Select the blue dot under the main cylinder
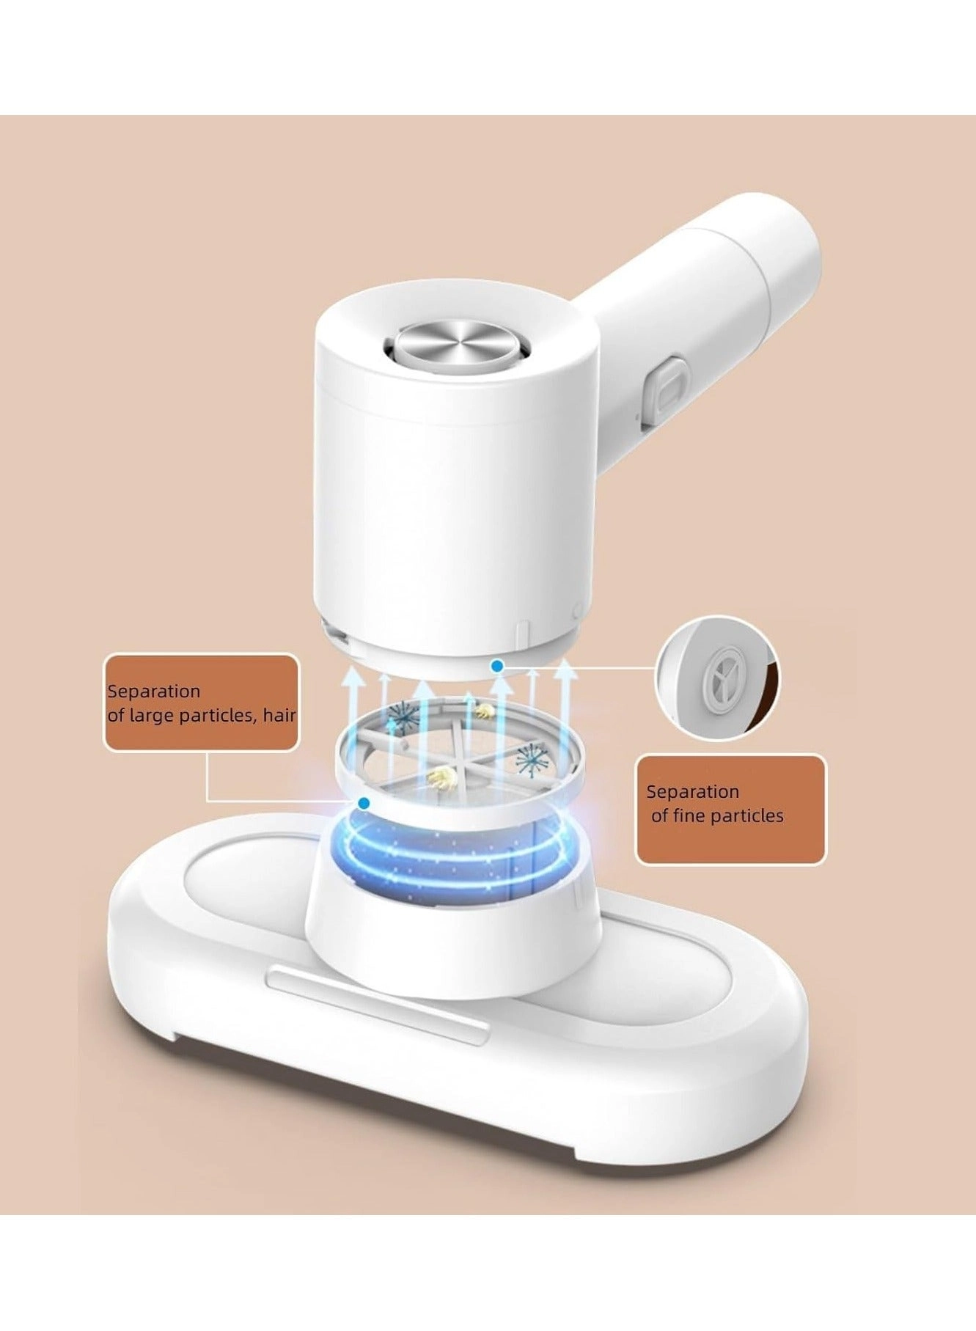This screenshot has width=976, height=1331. (498, 666)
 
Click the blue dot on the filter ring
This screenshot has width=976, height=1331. (364, 804)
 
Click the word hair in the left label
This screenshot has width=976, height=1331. (279, 715)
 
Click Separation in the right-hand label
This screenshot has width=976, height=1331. (692, 791)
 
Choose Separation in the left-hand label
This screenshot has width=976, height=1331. (153, 691)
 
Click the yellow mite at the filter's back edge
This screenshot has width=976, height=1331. (483, 710)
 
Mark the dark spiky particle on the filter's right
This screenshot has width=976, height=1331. (532, 760)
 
